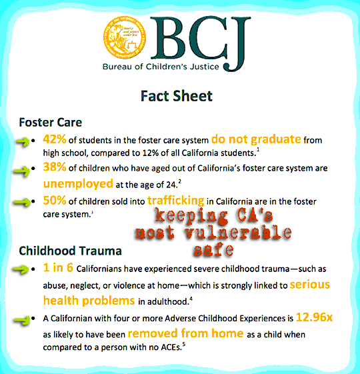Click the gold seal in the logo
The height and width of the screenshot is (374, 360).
pyautogui.click(x=125, y=38)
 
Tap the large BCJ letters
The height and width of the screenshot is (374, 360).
pyautogui.click(x=201, y=43)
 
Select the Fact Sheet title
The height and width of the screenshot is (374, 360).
pyautogui.click(x=176, y=96)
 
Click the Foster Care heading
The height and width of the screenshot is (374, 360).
pyautogui.click(x=51, y=123)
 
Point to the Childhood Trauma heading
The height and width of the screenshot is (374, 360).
pyautogui.click(x=70, y=251)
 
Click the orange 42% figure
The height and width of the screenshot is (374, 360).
pyautogui.click(x=55, y=139)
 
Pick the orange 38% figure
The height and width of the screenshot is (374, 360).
pyautogui.click(x=55, y=167)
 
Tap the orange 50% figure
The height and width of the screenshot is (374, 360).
pyautogui.click(x=55, y=200)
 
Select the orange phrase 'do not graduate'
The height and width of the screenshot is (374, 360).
pyautogui.click(x=256, y=139)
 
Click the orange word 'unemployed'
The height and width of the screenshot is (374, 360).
pyautogui.click(x=78, y=183)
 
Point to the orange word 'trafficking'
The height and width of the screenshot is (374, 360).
pyautogui.click(x=176, y=201)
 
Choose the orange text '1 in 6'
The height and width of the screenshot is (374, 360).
pyautogui.click(x=58, y=267)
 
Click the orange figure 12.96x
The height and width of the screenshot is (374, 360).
pyautogui.click(x=314, y=317)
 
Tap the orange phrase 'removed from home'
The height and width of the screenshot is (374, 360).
pyautogui.click(x=185, y=333)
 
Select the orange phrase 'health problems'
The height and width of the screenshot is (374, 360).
pyautogui.click(x=89, y=301)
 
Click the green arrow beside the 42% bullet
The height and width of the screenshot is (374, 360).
pyautogui.click(x=23, y=142)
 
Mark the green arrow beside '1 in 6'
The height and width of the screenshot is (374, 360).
pyautogui.click(x=21, y=269)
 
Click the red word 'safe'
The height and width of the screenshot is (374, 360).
pyautogui.click(x=213, y=250)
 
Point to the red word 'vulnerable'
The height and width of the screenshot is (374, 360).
pyautogui.click(x=238, y=233)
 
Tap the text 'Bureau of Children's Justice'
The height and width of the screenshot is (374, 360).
pyautogui.click(x=161, y=67)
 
